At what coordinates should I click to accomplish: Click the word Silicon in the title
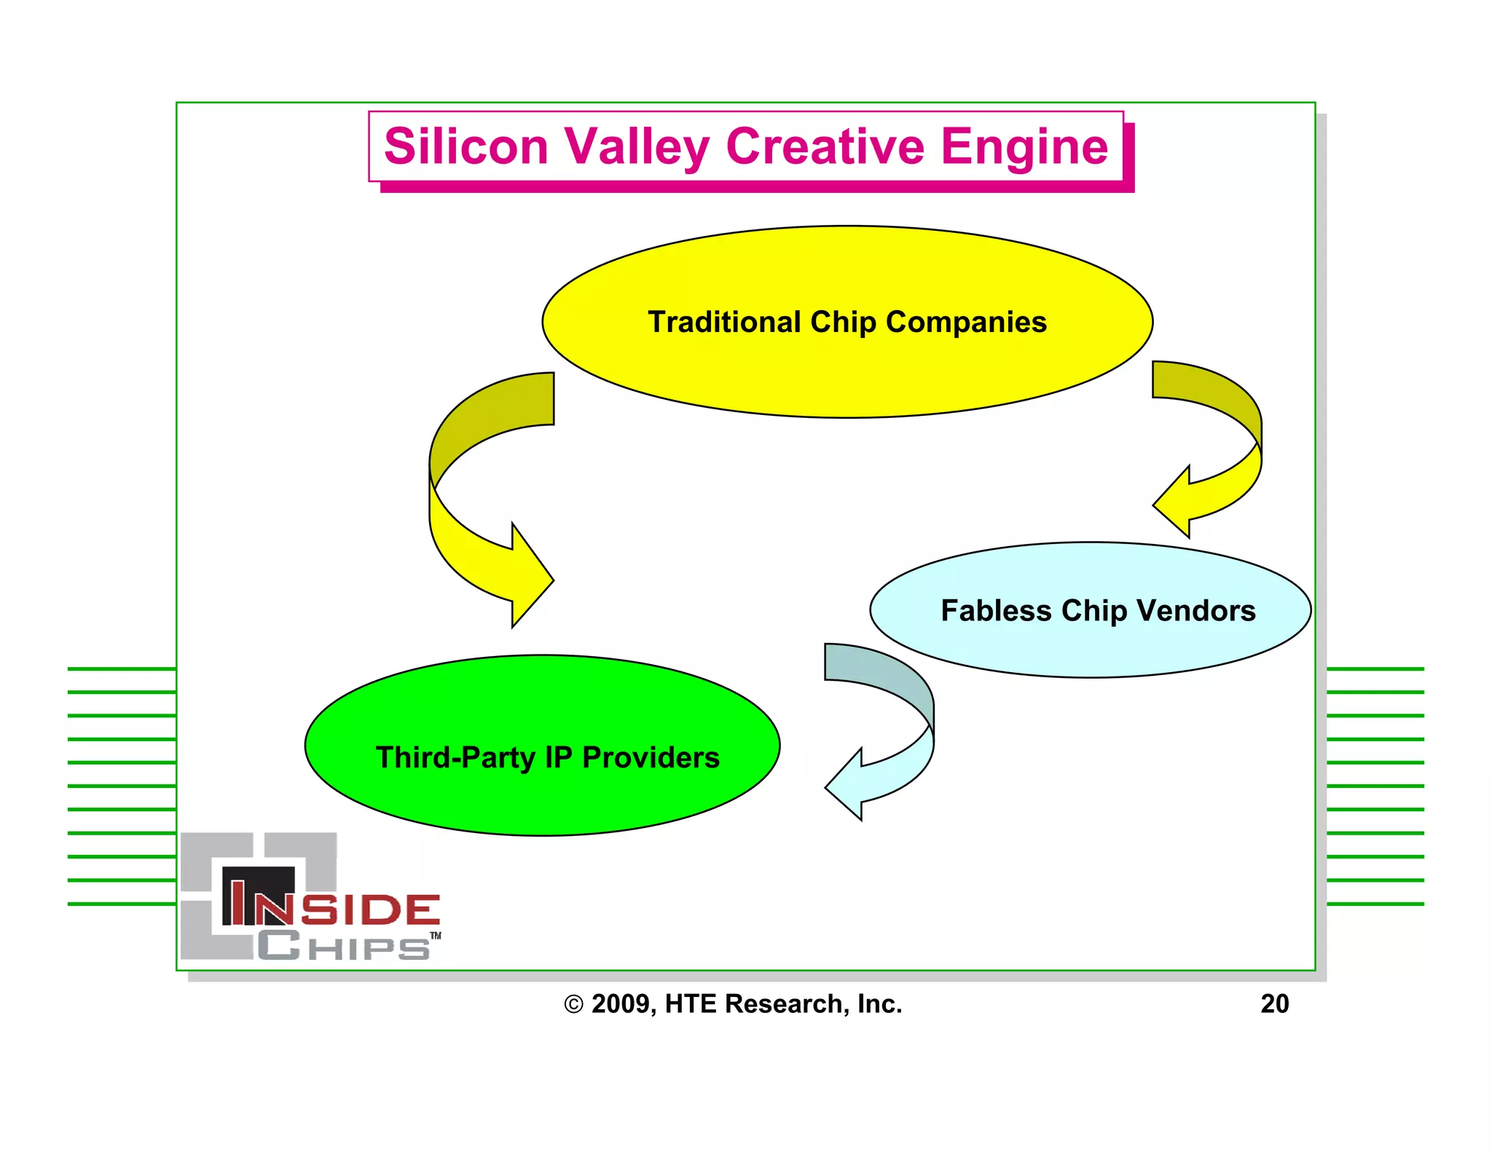tap(466, 146)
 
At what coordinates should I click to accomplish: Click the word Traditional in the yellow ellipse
tap(724, 322)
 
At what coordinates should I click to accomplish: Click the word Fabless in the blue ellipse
tap(996, 610)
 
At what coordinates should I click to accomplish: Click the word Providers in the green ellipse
tap(651, 757)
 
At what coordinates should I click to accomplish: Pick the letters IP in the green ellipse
tap(559, 757)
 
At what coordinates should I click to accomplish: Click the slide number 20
tap(1274, 1003)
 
